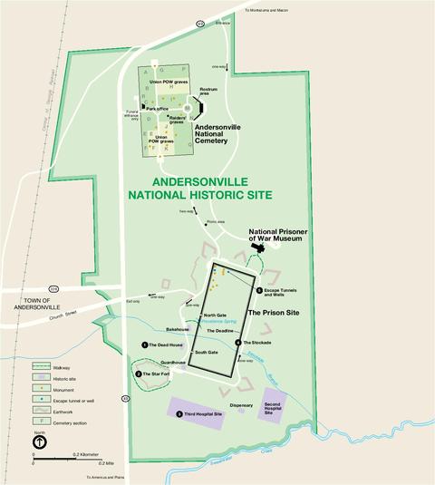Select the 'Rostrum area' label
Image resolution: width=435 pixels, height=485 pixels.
(x=208, y=91)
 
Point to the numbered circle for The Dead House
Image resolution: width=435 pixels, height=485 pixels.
(x=144, y=344)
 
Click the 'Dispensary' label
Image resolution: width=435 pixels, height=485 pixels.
(x=241, y=405)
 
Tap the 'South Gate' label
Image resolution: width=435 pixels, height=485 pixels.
(x=207, y=352)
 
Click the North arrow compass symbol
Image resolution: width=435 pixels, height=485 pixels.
(x=42, y=443)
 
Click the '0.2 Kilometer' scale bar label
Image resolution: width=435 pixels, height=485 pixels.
(x=81, y=452)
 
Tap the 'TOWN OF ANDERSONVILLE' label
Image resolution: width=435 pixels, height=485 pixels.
(x=46, y=303)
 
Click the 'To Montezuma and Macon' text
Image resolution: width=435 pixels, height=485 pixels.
(x=273, y=11)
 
